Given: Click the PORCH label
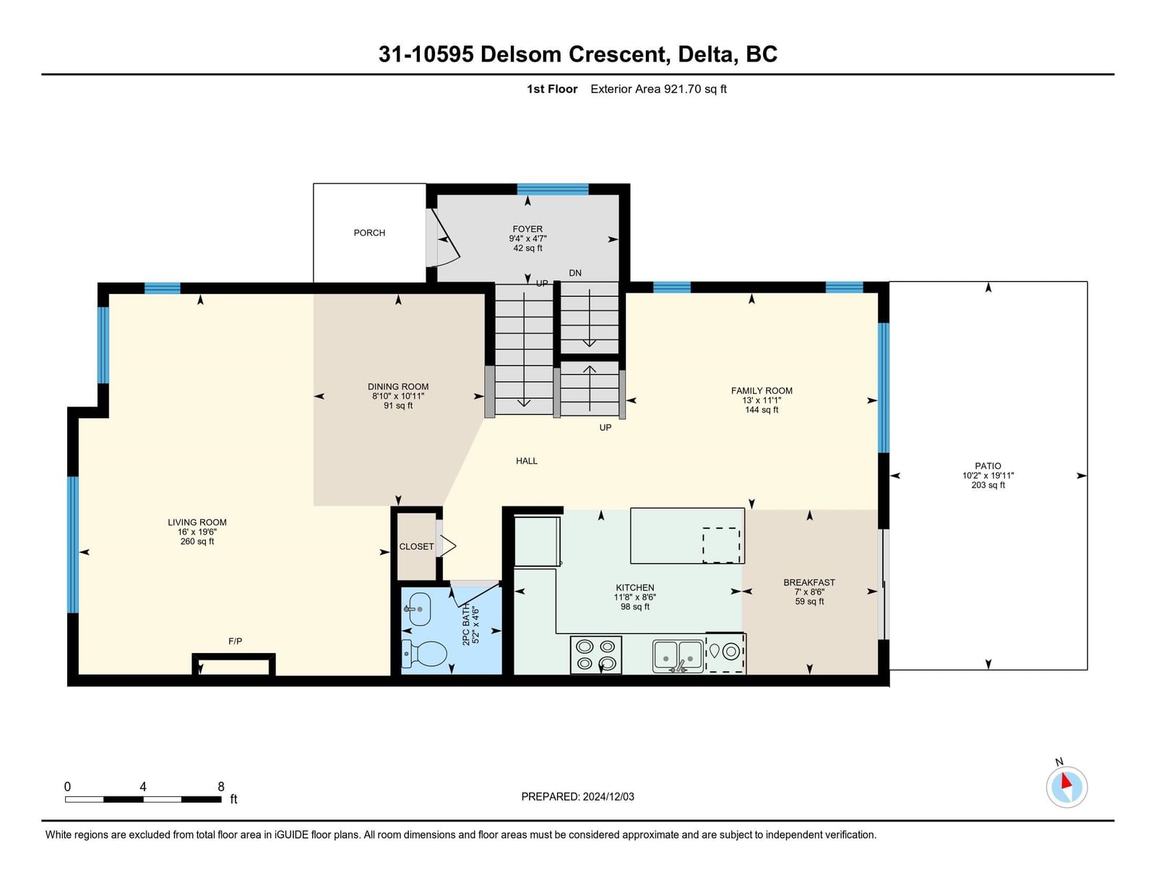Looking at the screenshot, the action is [x=369, y=233].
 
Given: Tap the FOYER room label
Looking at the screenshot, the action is [x=527, y=229].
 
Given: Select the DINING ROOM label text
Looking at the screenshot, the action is [x=398, y=387].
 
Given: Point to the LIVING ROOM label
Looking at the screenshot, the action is [x=197, y=522].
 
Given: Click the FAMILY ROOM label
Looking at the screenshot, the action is [x=762, y=391].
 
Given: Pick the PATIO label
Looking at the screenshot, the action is [x=988, y=466].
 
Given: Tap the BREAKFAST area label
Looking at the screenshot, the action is [x=809, y=582].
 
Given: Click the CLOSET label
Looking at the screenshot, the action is [x=417, y=547].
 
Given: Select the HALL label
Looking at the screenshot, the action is [x=527, y=461].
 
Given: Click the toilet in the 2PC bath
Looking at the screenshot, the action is [x=424, y=653].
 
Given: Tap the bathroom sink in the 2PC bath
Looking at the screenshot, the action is [x=418, y=610].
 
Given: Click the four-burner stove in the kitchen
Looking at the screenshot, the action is [x=596, y=655].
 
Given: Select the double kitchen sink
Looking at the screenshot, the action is [x=678, y=656].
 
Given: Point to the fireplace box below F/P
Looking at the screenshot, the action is [x=233, y=664].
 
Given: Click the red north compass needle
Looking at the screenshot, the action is [x=1066, y=781].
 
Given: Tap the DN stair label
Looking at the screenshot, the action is [x=575, y=273].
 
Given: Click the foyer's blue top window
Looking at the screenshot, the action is [x=553, y=189].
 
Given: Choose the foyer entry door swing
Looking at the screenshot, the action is [x=446, y=237].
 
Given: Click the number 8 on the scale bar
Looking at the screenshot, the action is [x=221, y=787].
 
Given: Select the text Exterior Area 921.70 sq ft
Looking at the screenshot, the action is [x=658, y=90].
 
